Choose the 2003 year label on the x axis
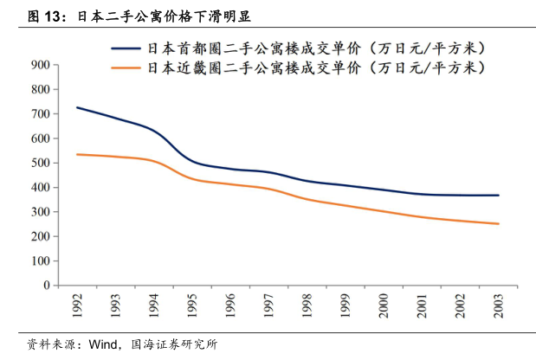498,305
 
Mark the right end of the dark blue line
498,196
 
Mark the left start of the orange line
77,154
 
